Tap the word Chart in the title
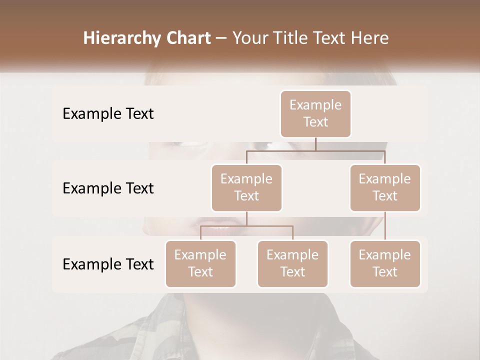point(186,38)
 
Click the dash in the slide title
point(221,38)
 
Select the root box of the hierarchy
point(315,113)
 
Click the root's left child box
point(246,187)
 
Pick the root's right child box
point(385,187)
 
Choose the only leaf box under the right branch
point(385,263)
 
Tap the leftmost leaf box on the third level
point(200,263)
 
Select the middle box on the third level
point(292,263)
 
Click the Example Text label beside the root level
point(108,114)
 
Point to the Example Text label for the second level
point(108,188)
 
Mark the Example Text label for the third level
point(108,264)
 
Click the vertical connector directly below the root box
point(315,144)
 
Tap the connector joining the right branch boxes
point(385,226)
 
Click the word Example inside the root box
point(315,105)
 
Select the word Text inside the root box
point(315,122)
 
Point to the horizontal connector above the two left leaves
point(246,226)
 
